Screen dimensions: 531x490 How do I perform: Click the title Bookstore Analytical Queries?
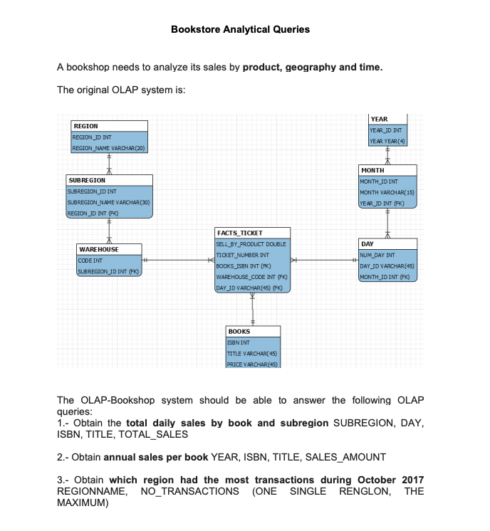[241, 29]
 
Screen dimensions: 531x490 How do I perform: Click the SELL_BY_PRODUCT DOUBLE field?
[251, 244]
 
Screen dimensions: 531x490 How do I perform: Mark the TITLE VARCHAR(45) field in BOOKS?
[246, 354]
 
